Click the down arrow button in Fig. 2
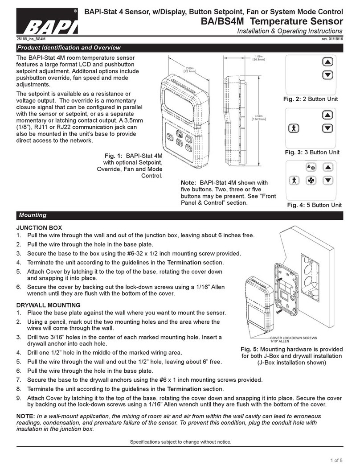[x=327, y=75]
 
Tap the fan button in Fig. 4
[x=311, y=181]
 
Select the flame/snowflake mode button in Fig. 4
[x=311, y=167]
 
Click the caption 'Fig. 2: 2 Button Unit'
[x=313, y=99]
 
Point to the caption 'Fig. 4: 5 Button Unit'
[x=314, y=205]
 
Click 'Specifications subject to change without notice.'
[x=180, y=442]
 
